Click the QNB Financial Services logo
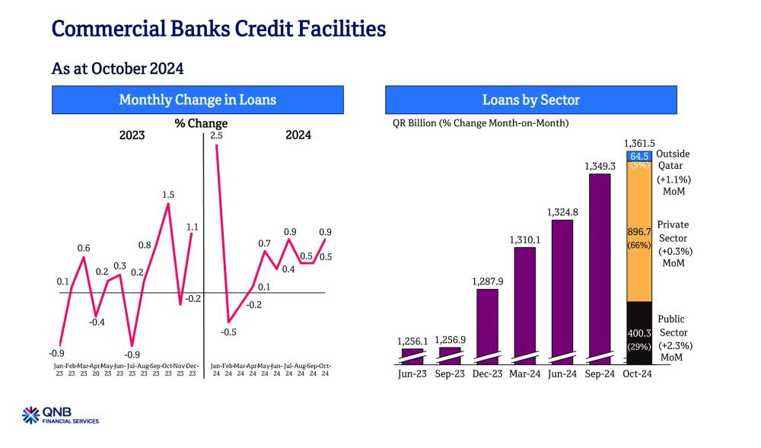click(61, 415)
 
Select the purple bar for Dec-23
click(487, 323)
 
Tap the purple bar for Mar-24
click(525, 304)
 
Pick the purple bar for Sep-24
click(600, 266)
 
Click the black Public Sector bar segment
click(638, 332)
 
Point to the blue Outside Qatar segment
click(638, 156)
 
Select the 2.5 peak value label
click(217, 135)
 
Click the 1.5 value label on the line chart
click(169, 195)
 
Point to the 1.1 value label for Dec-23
click(192, 227)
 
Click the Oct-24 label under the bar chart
click(638, 373)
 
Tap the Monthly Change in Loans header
click(197, 100)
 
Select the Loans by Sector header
click(530, 100)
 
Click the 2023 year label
click(132, 135)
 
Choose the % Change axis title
click(201, 123)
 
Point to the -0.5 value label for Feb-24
click(228, 332)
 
